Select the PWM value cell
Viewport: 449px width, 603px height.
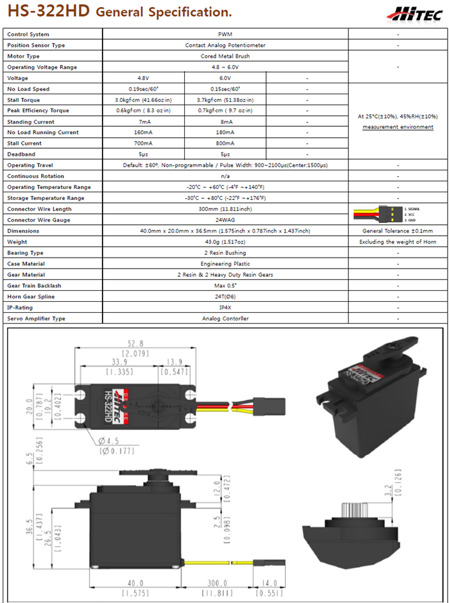(224, 35)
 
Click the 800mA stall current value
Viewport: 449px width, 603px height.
(224, 144)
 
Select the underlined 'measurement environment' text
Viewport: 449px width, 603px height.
(398, 127)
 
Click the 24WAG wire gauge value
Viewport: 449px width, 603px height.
(224, 220)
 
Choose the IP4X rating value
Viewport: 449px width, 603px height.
(224, 308)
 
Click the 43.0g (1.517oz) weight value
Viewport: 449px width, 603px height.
(224, 242)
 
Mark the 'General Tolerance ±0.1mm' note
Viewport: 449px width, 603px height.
(398, 231)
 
